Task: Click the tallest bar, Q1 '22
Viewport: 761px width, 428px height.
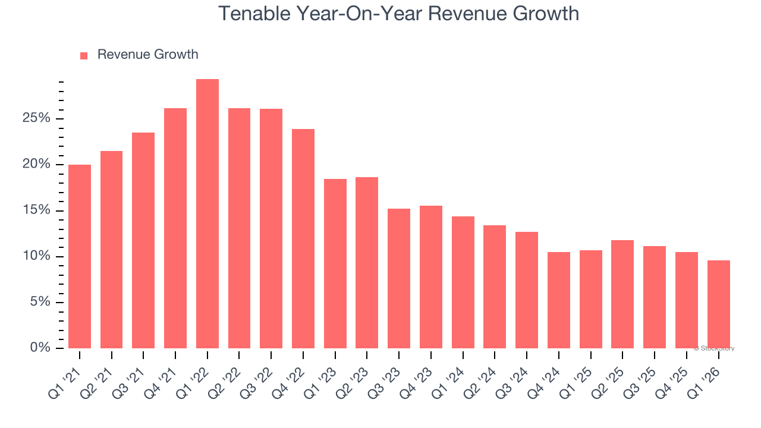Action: pos(207,214)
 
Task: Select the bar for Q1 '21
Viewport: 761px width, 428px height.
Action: pos(80,257)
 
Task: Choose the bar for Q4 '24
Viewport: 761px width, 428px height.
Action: pos(559,300)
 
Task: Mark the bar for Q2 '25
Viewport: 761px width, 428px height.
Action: pos(622,294)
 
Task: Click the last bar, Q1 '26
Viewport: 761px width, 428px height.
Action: pos(718,304)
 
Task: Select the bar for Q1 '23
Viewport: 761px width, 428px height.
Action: pos(335,263)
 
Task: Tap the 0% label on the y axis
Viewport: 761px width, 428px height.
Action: pos(40,348)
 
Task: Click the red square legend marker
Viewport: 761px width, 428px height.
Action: pos(84,55)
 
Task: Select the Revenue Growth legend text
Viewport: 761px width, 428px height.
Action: pos(147,55)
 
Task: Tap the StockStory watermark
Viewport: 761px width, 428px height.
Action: pos(714,348)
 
